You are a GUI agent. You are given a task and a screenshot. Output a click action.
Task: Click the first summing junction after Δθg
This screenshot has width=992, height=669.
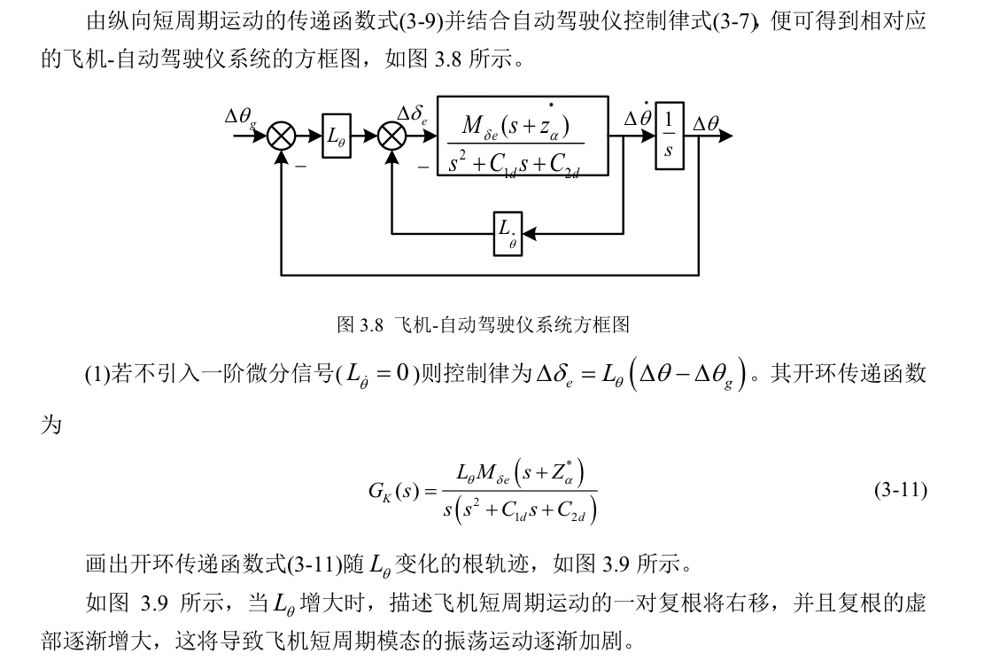click(282, 136)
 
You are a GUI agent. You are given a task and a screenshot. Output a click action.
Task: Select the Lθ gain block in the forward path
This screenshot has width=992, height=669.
click(337, 136)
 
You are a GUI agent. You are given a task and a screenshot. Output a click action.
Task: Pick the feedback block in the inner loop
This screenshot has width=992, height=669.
click(508, 234)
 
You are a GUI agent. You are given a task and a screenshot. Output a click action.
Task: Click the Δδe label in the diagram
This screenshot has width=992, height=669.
click(414, 116)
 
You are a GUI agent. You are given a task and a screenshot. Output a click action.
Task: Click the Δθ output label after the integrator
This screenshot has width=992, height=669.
click(706, 124)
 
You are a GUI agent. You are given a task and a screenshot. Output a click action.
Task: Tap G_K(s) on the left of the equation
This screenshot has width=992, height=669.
click(394, 491)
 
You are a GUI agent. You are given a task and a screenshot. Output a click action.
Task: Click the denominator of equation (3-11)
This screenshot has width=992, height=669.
click(519, 510)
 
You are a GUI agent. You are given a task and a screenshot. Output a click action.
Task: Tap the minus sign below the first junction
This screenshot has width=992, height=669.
click(300, 166)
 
